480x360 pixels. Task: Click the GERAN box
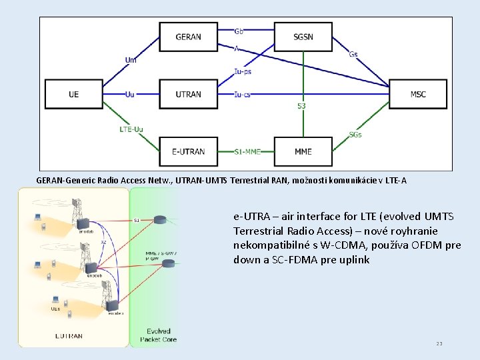188,37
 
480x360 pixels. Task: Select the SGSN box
303,37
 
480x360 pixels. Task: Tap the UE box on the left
73,94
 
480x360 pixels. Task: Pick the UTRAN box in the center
188,94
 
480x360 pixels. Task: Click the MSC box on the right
417,94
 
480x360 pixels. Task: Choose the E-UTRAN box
188,151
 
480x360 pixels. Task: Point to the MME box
303,151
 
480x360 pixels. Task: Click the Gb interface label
239,31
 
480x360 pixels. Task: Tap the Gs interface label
353,55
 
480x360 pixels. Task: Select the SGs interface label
355,134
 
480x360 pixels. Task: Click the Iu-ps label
243,71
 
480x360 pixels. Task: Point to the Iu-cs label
243,94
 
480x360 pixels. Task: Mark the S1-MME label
247,151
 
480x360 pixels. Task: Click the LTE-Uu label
131,129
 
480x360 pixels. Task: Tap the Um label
131,60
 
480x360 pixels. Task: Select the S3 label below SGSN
301,106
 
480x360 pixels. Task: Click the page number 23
439,343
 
